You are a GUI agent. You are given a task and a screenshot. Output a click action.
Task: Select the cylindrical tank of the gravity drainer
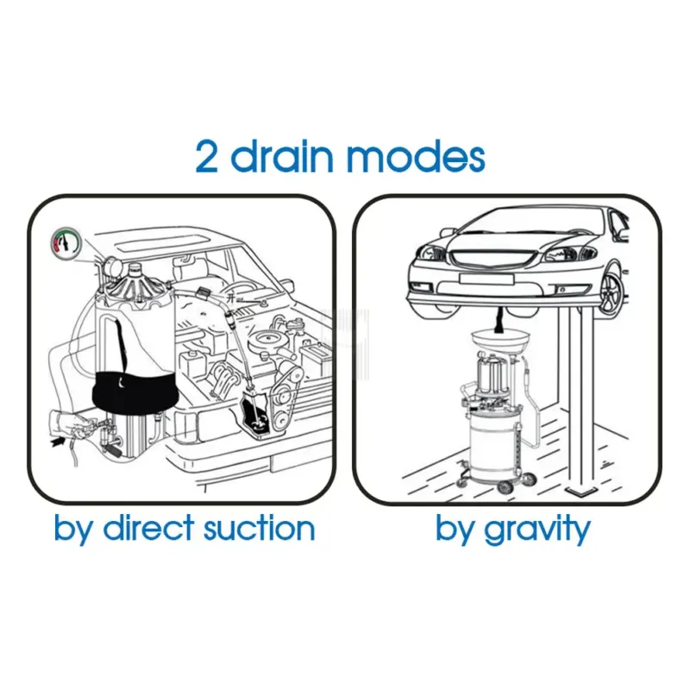click(x=487, y=448)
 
